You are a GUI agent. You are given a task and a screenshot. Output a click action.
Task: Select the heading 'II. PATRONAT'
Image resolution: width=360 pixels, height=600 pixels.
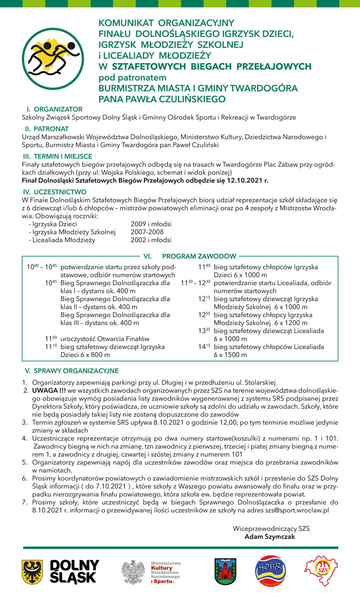click(x=47, y=129)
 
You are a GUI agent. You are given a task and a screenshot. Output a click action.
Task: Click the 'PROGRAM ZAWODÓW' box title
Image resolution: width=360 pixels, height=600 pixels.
click(x=199, y=256)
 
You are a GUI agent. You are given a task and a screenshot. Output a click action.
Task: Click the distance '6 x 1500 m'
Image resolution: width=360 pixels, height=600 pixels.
click(x=230, y=355)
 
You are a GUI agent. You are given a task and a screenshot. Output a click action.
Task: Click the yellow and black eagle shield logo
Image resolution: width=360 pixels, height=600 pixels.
click(x=33, y=572)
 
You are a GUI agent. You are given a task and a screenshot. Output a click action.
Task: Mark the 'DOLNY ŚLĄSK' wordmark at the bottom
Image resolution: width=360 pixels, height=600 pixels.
click(x=74, y=572)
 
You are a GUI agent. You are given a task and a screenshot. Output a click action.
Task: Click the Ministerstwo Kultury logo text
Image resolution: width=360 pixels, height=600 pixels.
click(x=165, y=572)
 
